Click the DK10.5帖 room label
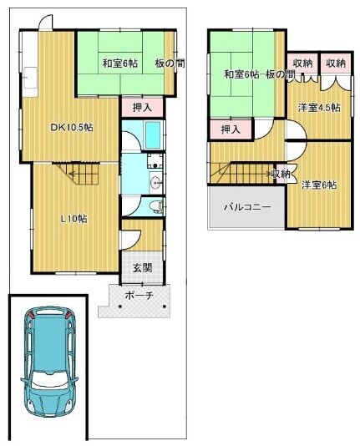[x=72, y=128]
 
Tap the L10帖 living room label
[x=74, y=219]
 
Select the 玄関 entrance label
[x=143, y=267]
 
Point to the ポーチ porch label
[x=139, y=296]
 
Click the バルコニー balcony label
[x=247, y=207]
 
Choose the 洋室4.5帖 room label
[x=319, y=108]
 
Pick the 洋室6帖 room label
[x=319, y=185]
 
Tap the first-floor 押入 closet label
[x=143, y=107]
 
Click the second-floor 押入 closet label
[x=231, y=129]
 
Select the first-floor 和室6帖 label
[x=120, y=63]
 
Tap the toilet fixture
[x=157, y=205]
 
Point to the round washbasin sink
[x=156, y=181]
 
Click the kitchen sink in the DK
[x=30, y=78]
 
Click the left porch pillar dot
[x=120, y=307]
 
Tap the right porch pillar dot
[x=165, y=307]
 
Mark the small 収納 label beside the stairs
[x=281, y=173]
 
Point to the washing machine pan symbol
[x=155, y=161]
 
